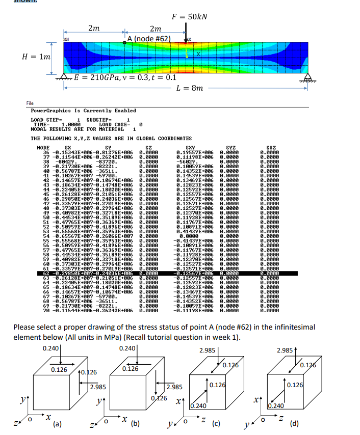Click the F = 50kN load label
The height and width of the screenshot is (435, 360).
189,16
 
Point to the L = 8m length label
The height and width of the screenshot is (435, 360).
189,88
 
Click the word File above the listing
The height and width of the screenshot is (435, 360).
30,103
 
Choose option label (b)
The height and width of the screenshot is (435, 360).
135,422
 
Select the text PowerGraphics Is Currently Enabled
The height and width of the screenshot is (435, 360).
83,111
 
